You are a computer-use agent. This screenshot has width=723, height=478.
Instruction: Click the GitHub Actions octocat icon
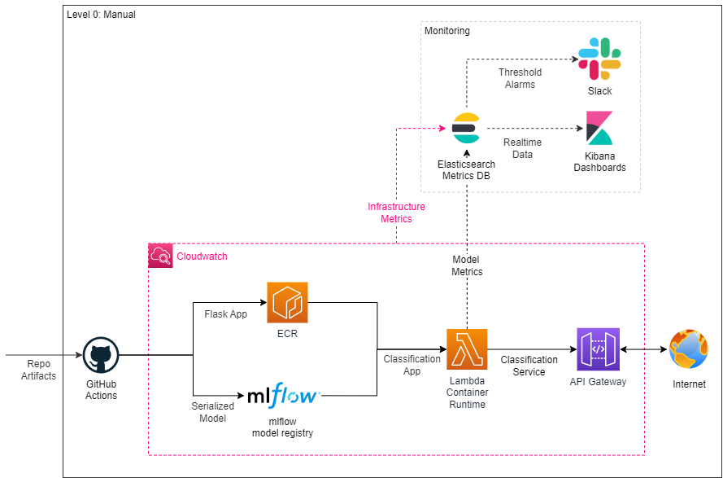click(101, 357)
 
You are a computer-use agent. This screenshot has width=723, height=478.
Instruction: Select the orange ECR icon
click(288, 302)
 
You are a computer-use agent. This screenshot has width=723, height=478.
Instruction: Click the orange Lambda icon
click(467, 349)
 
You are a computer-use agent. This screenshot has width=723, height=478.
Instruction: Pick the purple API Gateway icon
click(598, 349)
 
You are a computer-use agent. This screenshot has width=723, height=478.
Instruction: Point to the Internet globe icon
click(689, 350)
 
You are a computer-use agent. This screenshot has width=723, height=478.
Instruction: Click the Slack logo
click(599, 59)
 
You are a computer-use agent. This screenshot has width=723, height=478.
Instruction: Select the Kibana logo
click(599, 129)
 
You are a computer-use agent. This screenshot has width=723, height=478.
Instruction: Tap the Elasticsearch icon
click(467, 129)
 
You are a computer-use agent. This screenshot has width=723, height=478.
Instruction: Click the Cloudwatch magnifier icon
click(160, 257)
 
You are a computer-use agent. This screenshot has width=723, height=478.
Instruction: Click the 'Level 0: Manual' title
click(101, 15)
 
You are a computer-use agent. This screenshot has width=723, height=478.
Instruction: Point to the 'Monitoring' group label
click(447, 31)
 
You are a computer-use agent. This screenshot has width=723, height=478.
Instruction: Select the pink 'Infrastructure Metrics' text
click(396, 213)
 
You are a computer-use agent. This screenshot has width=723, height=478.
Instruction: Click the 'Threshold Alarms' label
click(520, 78)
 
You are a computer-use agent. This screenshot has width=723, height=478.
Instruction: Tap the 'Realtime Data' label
click(522, 148)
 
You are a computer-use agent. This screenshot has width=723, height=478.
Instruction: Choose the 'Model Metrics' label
click(467, 265)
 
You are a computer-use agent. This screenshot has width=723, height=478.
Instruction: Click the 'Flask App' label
click(225, 314)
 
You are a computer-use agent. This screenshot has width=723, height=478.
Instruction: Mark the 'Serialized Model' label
click(213, 412)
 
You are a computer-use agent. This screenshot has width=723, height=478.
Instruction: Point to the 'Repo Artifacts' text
click(38, 370)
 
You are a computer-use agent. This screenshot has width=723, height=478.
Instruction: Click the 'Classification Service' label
click(529, 366)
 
